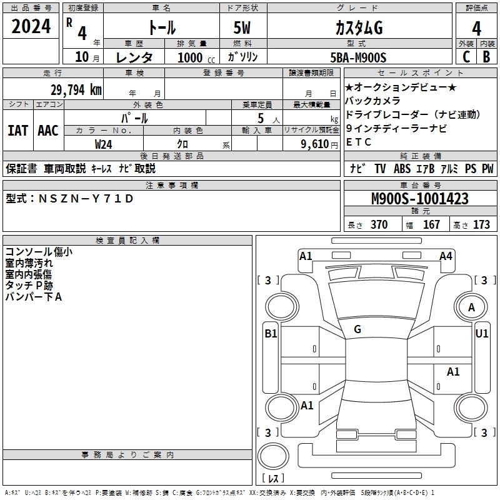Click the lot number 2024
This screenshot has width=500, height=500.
(31, 26)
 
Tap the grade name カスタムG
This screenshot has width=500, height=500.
(359, 27)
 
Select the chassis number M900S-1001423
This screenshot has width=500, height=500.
(419, 199)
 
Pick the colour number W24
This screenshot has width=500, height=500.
(104, 143)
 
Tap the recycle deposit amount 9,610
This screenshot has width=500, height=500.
(314, 143)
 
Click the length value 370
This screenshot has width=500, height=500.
(379, 224)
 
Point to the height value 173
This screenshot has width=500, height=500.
(481, 224)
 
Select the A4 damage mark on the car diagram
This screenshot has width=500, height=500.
(446, 256)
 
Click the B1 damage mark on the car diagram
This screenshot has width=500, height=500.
(271, 334)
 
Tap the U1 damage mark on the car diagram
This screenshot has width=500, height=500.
(482, 334)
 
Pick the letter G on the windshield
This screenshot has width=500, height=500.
(357, 329)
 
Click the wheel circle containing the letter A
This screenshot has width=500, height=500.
(471, 307)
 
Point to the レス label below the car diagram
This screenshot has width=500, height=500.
(272, 479)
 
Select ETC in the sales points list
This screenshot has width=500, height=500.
(359, 142)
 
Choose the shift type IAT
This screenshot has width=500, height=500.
(17, 131)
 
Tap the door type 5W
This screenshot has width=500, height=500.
(243, 27)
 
